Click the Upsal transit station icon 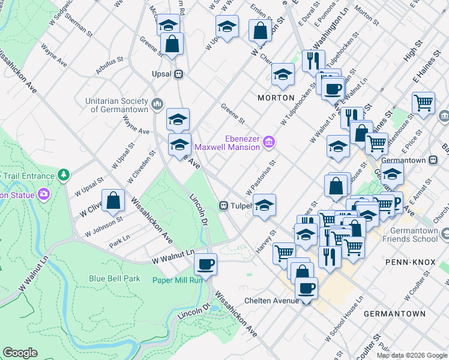[178, 74]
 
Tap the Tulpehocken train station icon [223, 206]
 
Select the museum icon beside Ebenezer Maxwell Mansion [270, 142]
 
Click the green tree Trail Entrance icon [64, 175]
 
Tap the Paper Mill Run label [177, 280]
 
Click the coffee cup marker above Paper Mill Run [205, 264]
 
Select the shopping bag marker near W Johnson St [113, 201]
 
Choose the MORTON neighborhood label [276, 97]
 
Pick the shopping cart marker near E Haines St [423, 103]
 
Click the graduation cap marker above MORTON [283, 74]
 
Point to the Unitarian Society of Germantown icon [157, 103]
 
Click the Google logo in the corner [20, 353]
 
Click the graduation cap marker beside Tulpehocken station [264, 206]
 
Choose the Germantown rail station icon [436, 160]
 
